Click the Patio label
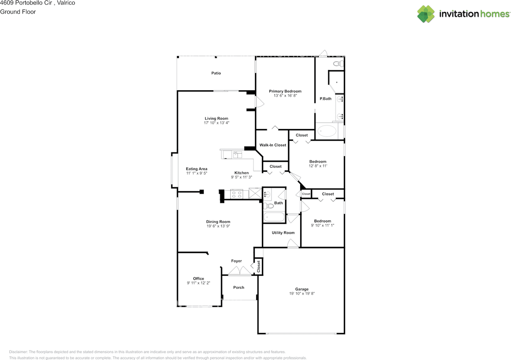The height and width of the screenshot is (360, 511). coord(216,73)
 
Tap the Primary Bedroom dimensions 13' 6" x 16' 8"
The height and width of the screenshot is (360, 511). coord(285,95)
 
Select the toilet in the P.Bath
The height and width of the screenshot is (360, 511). coord(339,64)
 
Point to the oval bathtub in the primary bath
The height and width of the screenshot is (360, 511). coord(327,131)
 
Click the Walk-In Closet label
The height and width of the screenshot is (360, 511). coord(273,145)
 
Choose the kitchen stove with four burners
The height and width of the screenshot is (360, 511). coord(236,194)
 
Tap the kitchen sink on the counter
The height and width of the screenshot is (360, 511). coord(237,155)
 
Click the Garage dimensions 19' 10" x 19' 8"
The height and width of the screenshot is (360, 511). coord(302,293)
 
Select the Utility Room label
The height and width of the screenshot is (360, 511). coord(283,233)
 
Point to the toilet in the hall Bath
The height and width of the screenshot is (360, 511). coord(269,206)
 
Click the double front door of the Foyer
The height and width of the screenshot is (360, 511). coord(240,271)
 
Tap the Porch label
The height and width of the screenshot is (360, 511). coord(239,287)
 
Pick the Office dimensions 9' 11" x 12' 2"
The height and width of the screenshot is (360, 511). coord(198,283)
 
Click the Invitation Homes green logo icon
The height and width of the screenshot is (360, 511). coord(426,14)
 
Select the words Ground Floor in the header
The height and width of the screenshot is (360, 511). coord(18,12)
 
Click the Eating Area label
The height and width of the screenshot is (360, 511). coord(196,169)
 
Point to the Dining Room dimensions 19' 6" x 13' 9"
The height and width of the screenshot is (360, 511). coord(218,226)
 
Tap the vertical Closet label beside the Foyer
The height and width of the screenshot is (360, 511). coord(258,267)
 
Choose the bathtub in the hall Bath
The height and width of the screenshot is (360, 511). coord(274,217)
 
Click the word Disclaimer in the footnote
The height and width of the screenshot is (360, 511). coord(18,352)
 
